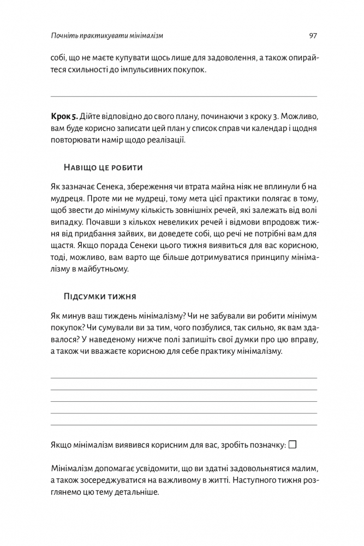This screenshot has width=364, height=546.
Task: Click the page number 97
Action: [313, 35]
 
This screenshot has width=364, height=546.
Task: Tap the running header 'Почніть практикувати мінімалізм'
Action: [107, 35]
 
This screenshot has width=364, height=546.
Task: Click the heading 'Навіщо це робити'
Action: [103, 166]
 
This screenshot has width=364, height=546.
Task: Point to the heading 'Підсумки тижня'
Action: [100, 296]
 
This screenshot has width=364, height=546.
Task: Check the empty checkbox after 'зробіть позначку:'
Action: [293, 444]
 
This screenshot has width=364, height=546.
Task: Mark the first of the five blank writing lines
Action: [183, 378]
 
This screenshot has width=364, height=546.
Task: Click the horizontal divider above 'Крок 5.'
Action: [183, 97]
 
